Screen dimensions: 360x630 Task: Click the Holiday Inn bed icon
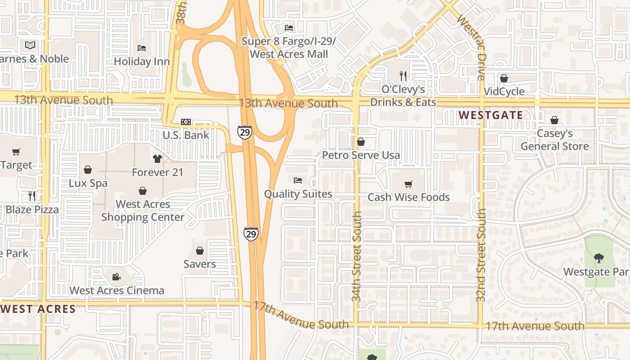click(142, 48)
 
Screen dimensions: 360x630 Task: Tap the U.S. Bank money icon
click(185, 122)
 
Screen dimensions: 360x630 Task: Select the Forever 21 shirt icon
click(157, 158)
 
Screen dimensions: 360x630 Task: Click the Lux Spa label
click(88, 183)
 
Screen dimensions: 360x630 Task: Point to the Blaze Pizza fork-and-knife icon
click(32, 196)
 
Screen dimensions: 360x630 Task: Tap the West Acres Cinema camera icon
click(117, 277)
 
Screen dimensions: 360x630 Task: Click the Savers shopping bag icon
click(200, 251)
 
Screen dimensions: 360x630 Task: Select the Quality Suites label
click(298, 194)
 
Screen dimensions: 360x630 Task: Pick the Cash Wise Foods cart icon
click(409, 184)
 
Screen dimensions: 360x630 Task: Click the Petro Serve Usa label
click(361, 155)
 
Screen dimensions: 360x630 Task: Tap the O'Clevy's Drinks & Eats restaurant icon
click(403, 76)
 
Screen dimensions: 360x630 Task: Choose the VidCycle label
click(504, 92)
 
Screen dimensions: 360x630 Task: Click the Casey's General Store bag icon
click(554, 120)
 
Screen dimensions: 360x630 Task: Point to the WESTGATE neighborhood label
click(491, 115)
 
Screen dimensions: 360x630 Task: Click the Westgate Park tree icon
click(598, 258)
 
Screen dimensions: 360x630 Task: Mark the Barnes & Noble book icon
click(30, 45)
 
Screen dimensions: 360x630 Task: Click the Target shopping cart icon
click(16, 152)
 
